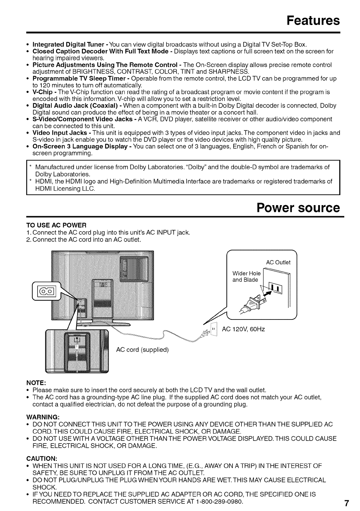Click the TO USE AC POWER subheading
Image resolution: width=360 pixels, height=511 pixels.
(56, 225)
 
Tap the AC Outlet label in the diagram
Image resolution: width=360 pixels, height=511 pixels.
(278, 262)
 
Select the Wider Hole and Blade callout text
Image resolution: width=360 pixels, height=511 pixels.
(246, 277)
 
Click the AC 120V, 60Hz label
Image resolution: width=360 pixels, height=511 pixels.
(243, 329)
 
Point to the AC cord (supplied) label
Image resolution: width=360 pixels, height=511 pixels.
(142, 349)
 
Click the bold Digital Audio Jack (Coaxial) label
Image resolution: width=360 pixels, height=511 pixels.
(76, 106)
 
